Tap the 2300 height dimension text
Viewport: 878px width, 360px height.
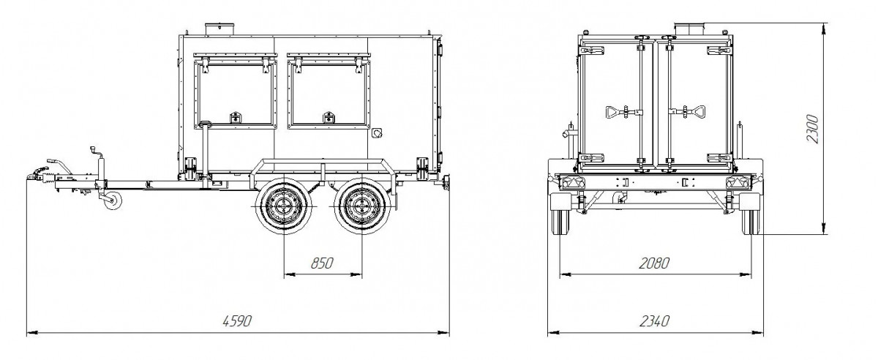coord(813,129)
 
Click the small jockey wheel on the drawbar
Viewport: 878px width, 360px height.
coord(111,203)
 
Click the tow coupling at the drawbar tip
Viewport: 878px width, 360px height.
coord(37,176)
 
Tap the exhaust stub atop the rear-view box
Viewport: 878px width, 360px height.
coord(688,28)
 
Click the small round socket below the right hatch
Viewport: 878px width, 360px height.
coord(378,134)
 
